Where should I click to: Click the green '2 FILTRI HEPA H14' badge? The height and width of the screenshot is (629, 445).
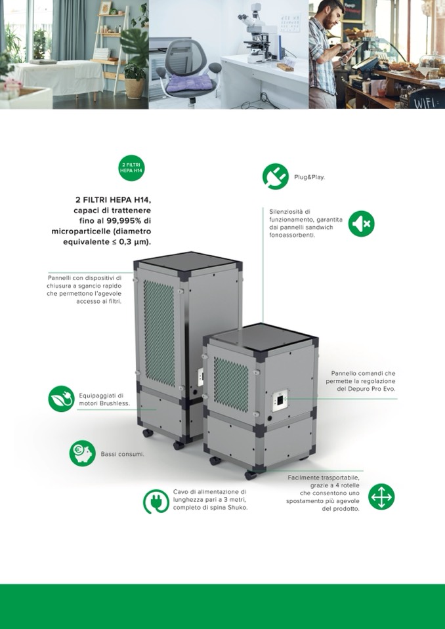[x=132, y=168]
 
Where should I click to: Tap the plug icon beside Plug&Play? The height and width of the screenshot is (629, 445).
[x=275, y=176]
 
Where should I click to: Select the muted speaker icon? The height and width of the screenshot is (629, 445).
[x=361, y=224]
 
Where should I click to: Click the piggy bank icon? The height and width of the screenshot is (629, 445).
[x=82, y=453]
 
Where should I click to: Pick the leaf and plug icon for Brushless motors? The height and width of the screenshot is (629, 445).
[x=62, y=399]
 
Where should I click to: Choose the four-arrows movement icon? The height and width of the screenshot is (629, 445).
[x=381, y=497]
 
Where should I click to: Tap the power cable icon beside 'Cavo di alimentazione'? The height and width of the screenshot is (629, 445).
[x=156, y=502]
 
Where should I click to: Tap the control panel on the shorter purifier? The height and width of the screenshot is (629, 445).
[x=280, y=400]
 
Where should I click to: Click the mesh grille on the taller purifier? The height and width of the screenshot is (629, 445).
[x=159, y=333]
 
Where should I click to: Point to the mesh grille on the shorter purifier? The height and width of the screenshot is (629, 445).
[x=231, y=384]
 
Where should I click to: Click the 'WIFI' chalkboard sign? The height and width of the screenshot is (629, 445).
[x=426, y=100]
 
